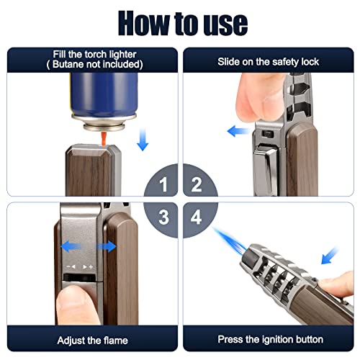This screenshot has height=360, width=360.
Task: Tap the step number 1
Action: (x=164, y=185)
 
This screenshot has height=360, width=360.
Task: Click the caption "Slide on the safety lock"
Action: (x=268, y=62)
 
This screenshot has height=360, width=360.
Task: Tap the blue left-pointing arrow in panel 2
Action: (x=235, y=131)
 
